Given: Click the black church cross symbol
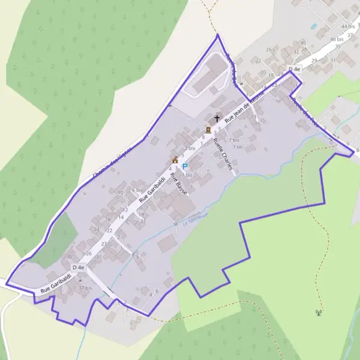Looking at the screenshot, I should [x=217, y=119].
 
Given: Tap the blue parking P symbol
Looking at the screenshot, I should [x=185, y=166].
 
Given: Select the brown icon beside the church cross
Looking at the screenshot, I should [x=208, y=130].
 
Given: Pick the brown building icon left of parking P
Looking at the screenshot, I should [x=175, y=160].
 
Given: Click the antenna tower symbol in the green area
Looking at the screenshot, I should [x=319, y=311].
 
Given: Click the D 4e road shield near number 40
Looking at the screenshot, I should [x=294, y=70].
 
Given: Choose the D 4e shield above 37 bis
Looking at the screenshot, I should [x=78, y=267].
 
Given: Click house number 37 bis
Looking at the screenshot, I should [x=86, y=288].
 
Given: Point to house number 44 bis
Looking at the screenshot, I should [x=347, y=27].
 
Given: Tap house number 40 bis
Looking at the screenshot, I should [x=337, y=39].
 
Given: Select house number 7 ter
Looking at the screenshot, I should [x=237, y=146].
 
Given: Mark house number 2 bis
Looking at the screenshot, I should [x=190, y=148].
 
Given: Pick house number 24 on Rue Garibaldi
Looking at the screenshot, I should [x=97, y=229].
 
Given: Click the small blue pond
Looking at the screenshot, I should [x=313, y=26].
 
